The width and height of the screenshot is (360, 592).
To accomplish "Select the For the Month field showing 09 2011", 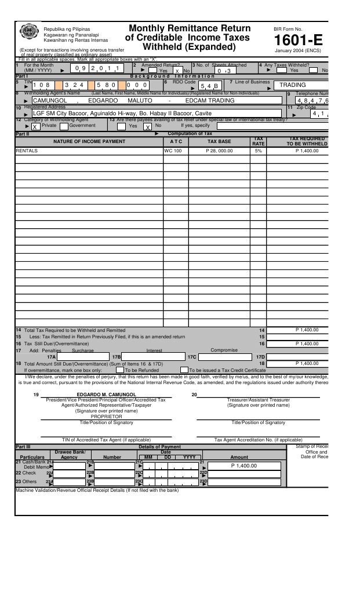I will [x=97, y=69].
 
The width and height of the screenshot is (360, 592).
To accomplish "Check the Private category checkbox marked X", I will [x=35, y=126].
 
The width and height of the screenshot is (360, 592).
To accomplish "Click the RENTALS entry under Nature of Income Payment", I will [x=26, y=151].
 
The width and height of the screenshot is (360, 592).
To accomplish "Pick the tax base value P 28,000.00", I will [x=219, y=151].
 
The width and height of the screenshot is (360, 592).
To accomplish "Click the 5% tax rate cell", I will [x=258, y=151].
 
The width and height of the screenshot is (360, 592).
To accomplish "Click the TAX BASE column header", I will [x=219, y=141].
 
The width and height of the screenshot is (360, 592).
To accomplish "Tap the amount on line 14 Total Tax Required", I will [x=307, y=330].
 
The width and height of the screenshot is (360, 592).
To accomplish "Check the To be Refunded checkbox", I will [x=119, y=369].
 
